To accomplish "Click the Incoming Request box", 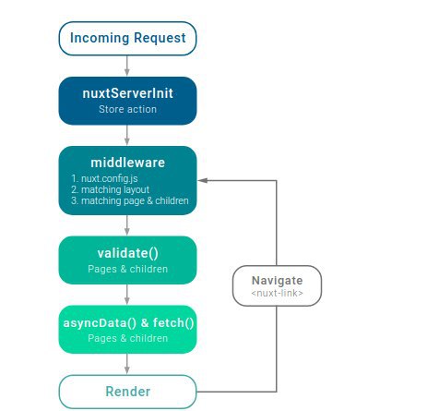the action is [x=127, y=39].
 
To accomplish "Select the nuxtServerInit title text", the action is [x=127, y=93].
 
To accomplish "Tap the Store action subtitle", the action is [x=127, y=109].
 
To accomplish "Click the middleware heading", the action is [x=127, y=163].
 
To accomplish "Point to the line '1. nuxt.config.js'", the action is [x=104, y=178].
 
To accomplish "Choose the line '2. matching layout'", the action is [x=110, y=189].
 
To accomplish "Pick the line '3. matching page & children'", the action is [x=130, y=200].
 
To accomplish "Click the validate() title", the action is [x=127, y=253].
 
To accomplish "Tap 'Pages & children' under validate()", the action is [x=127, y=269].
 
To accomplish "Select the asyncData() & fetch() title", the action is [x=128, y=323].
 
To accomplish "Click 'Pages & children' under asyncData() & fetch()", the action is [x=127, y=338].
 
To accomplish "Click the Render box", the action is [x=127, y=392].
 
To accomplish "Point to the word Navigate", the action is [x=277, y=281].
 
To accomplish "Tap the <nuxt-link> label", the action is [x=277, y=293].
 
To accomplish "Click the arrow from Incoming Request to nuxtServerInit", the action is [x=127, y=66].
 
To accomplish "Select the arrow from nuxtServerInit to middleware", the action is [x=127, y=135].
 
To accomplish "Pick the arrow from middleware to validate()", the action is [x=127, y=225].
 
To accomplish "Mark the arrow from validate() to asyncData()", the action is [x=127, y=295].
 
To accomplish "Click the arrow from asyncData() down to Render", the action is [x=127, y=364].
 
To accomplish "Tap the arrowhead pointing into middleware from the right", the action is [x=202, y=180].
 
